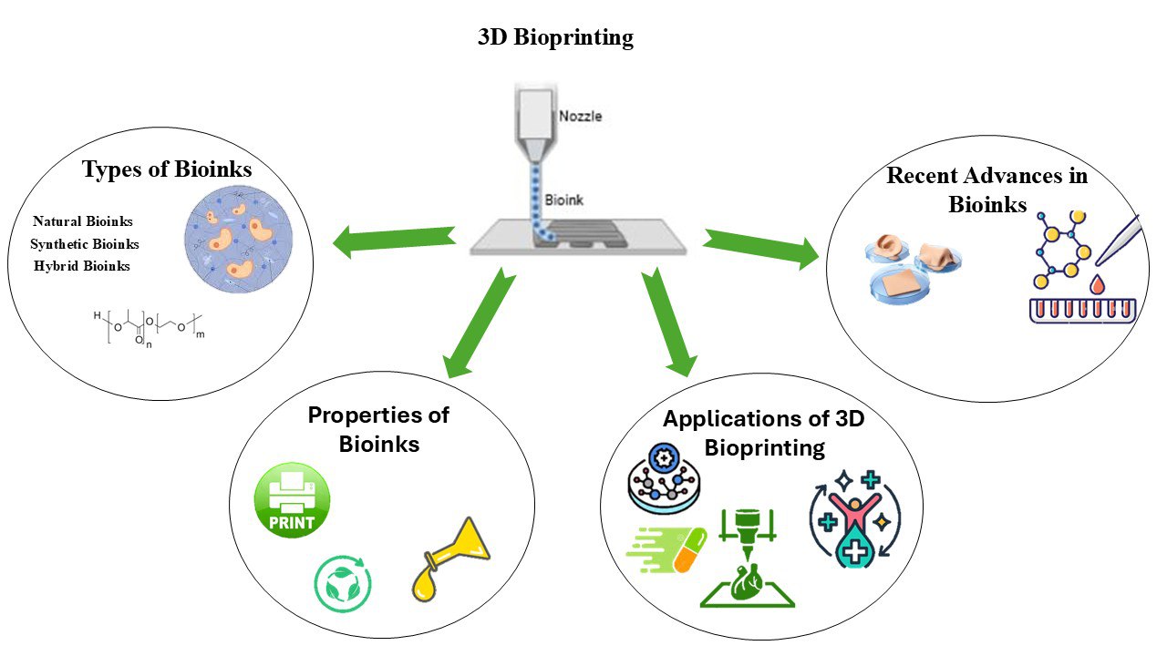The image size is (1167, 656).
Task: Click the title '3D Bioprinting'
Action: (x=555, y=38)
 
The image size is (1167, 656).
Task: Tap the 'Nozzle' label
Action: (x=581, y=117)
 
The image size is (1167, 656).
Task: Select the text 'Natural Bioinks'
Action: (x=83, y=221)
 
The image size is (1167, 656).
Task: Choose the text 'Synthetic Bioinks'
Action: (x=85, y=244)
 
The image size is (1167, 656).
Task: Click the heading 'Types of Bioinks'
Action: (x=167, y=169)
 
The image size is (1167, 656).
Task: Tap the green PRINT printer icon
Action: (x=291, y=500)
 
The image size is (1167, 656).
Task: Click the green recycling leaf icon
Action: (x=343, y=583)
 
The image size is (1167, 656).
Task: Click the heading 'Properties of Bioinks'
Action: (x=378, y=429)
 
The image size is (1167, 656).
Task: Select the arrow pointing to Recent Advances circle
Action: (x=761, y=250)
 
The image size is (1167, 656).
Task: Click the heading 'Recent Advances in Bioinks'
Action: (x=987, y=189)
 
